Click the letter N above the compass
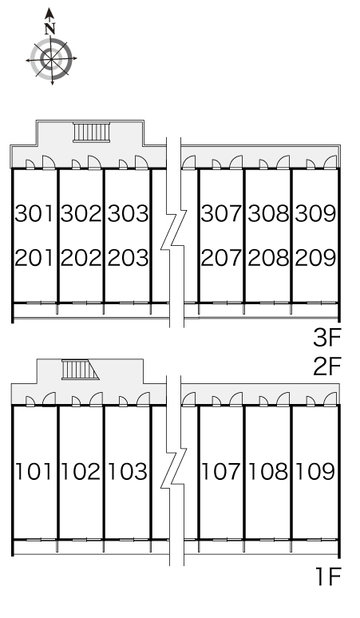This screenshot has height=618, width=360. [x=49, y=29]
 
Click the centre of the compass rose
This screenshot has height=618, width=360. [x=51, y=59]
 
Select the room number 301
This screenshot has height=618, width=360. [x=34, y=213]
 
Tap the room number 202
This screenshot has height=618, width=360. [x=81, y=258]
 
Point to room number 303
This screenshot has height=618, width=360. [x=128, y=213]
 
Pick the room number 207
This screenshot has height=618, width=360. [x=221, y=258]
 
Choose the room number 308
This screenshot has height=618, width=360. [x=268, y=213]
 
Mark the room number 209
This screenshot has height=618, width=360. [x=315, y=258]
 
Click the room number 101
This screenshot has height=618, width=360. [x=34, y=471]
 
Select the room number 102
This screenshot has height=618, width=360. [x=81, y=471]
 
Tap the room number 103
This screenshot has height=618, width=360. [x=128, y=471]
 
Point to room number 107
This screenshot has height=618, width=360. [x=220, y=471]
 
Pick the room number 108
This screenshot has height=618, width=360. [x=268, y=471]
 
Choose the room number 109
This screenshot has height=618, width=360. [x=315, y=471]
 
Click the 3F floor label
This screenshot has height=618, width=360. [x=326, y=338]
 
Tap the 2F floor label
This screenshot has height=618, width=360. [x=326, y=366]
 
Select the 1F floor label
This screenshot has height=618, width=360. [x=328, y=576]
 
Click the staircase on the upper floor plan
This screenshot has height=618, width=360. [x=91, y=132]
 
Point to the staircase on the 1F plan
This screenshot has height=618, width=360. [x=80, y=370]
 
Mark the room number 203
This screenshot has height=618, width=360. [x=128, y=258]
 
